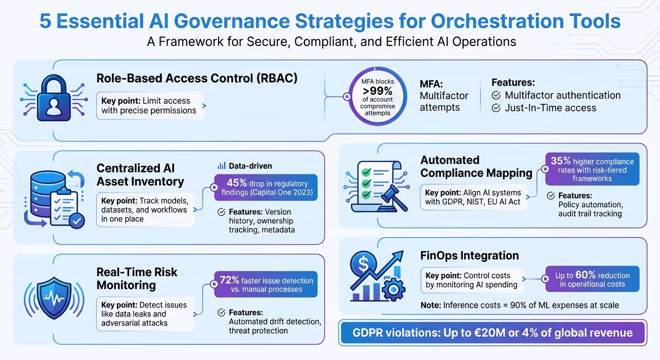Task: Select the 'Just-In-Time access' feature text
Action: click(550, 108)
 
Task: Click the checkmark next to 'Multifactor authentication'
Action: click(496, 96)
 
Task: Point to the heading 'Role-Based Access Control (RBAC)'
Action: click(197, 78)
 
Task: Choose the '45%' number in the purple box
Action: click(237, 183)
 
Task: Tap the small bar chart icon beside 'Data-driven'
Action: click(222, 166)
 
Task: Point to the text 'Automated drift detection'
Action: click(275, 322)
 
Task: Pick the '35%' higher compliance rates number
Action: click(561, 161)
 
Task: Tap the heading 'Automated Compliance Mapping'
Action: click(476, 166)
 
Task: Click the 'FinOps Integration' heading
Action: click(469, 255)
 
